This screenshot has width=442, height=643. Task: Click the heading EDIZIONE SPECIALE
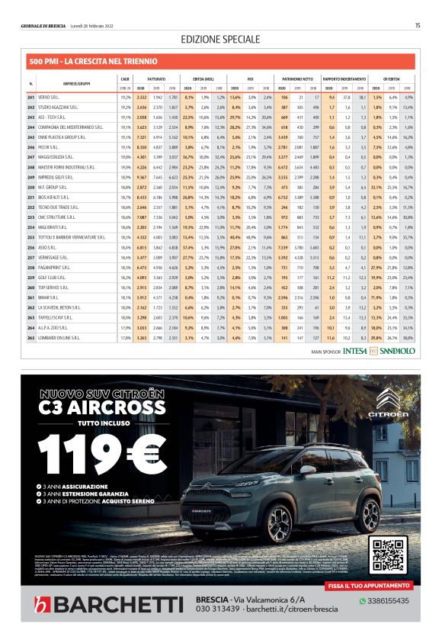221,39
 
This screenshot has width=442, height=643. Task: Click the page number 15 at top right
418,26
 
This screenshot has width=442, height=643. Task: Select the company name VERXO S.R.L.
49,98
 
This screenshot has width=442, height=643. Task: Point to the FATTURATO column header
157,79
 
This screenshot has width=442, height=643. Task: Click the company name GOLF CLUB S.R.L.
53,276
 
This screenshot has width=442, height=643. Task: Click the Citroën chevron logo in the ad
380,414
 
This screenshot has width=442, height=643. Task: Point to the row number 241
31,98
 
